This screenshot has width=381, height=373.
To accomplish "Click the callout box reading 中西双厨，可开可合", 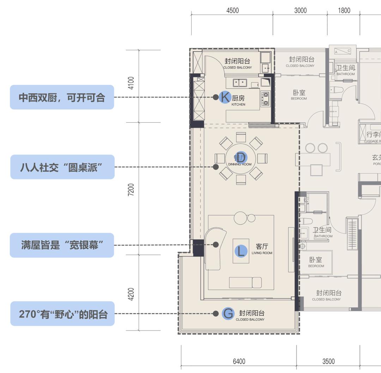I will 62,97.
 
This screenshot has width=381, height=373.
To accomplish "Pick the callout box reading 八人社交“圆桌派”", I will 62,167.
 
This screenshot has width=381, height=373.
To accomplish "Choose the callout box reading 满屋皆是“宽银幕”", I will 62,245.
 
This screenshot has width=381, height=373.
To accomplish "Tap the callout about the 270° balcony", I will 62,314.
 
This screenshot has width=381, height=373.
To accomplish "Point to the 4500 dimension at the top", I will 232,10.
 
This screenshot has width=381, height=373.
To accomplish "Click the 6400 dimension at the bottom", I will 239,361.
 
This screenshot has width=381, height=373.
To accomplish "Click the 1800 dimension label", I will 344,10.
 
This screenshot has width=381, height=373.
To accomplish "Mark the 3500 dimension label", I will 328,361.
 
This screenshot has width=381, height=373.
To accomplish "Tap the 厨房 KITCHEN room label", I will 238,100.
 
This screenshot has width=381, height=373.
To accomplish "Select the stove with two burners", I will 265,99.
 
